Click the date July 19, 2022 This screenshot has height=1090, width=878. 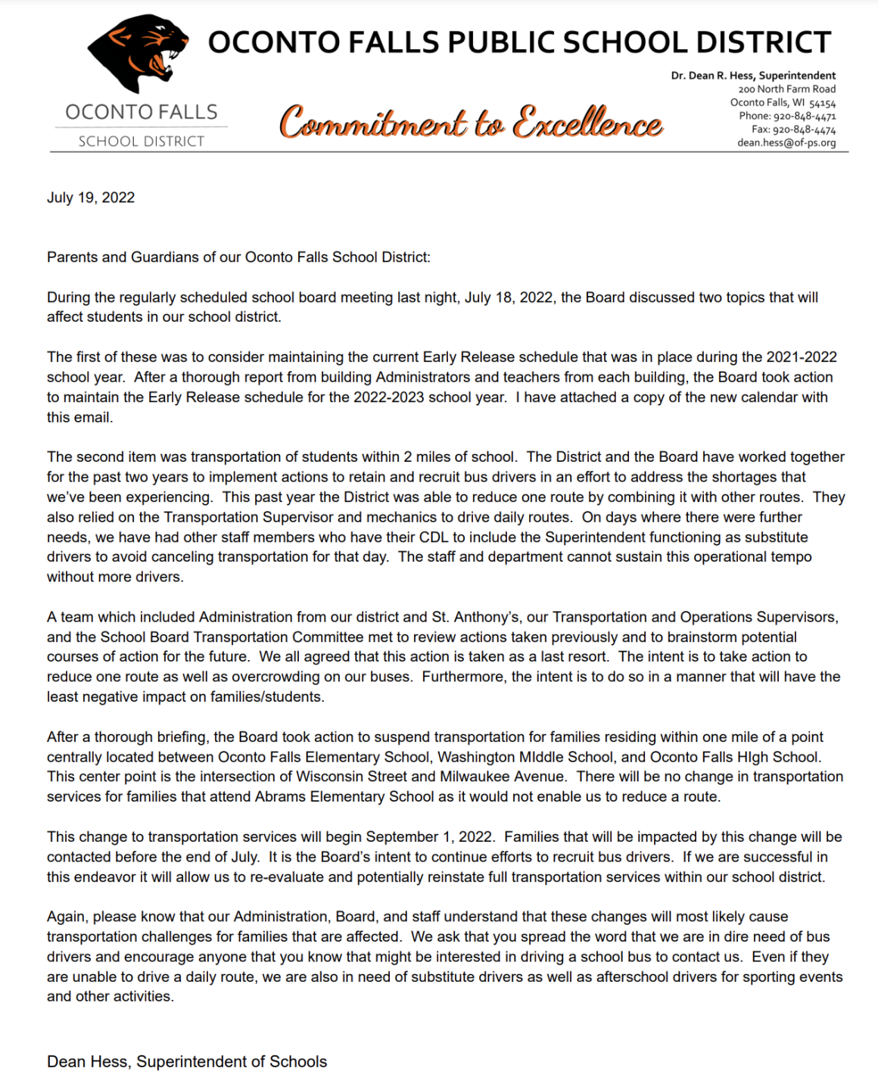coord(91,198)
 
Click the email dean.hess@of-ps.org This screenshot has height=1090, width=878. coord(786,142)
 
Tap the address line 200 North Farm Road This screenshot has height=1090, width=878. coord(787,89)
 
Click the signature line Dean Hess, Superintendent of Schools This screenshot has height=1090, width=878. coord(187,1061)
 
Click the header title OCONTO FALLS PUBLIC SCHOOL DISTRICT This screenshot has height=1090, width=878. coord(519,42)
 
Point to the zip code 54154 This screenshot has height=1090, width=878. coord(822,103)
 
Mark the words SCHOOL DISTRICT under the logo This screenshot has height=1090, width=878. coord(142,142)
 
